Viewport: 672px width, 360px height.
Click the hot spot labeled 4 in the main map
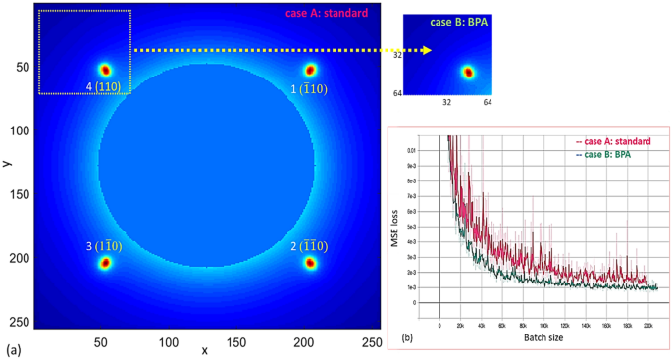tap(105, 70)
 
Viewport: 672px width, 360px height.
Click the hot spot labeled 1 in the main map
tap(310, 70)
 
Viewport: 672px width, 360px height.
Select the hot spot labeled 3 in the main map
tap(105, 262)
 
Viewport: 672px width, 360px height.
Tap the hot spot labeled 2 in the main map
tap(310, 262)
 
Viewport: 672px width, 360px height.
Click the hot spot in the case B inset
tap(467, 72)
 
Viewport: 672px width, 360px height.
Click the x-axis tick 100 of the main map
tap(170, 341)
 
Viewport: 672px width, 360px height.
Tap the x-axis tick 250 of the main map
tap(371, 341)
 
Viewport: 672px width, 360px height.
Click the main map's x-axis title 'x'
tap(204, 350)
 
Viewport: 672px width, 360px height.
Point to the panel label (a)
tap(14, 349)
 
